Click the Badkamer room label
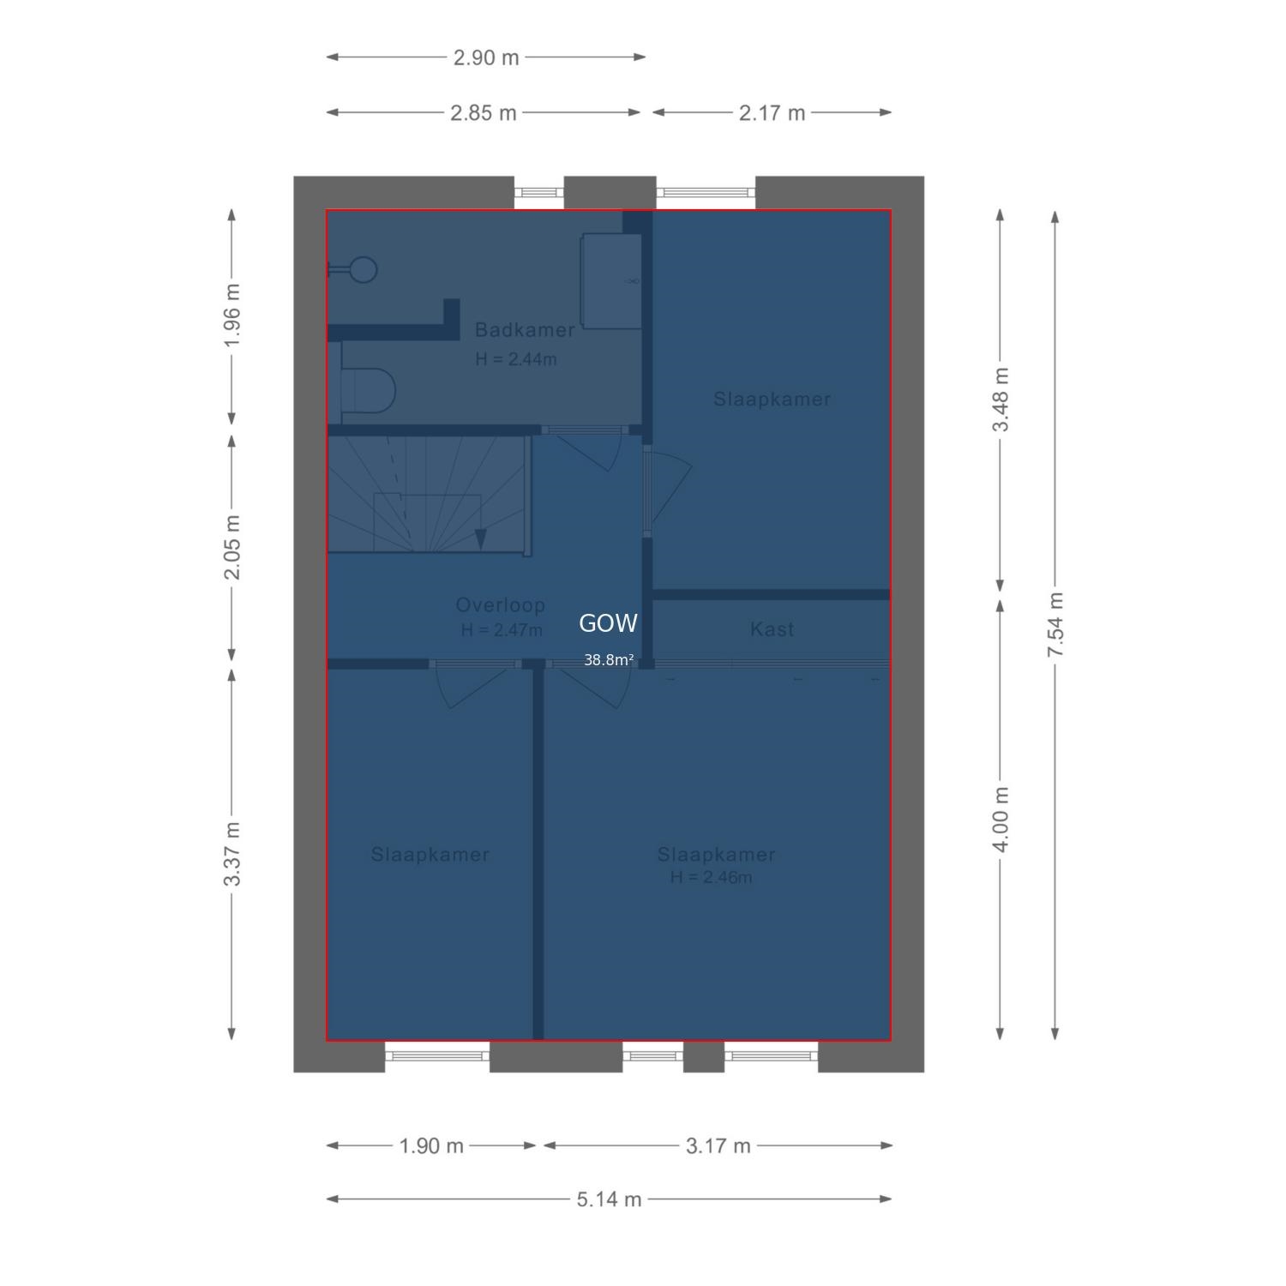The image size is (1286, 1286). coord(525,330)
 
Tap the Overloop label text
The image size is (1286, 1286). coord(501,605)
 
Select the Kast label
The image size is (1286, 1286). coord(772,629)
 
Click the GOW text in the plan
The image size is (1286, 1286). coord(609,624)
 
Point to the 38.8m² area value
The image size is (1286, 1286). coord(609,660)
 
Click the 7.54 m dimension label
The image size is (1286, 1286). coord(1055,625)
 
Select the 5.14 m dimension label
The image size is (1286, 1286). coord(609,1199)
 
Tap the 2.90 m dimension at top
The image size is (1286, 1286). coord(486,57)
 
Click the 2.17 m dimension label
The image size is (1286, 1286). coord(772,112)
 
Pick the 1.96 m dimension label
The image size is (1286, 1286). coord(231,315)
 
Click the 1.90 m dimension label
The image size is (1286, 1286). coord(431,1145)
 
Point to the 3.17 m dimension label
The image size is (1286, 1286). coord(718,1145)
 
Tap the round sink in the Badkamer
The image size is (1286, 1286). coord(364,270)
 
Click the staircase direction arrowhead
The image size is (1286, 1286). coord(480,538)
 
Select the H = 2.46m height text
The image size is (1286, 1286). coord(712,877)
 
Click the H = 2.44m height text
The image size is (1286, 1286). coord(516,359)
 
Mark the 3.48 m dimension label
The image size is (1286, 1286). coord(1001,400)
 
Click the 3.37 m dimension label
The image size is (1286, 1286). coord(231,855)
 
